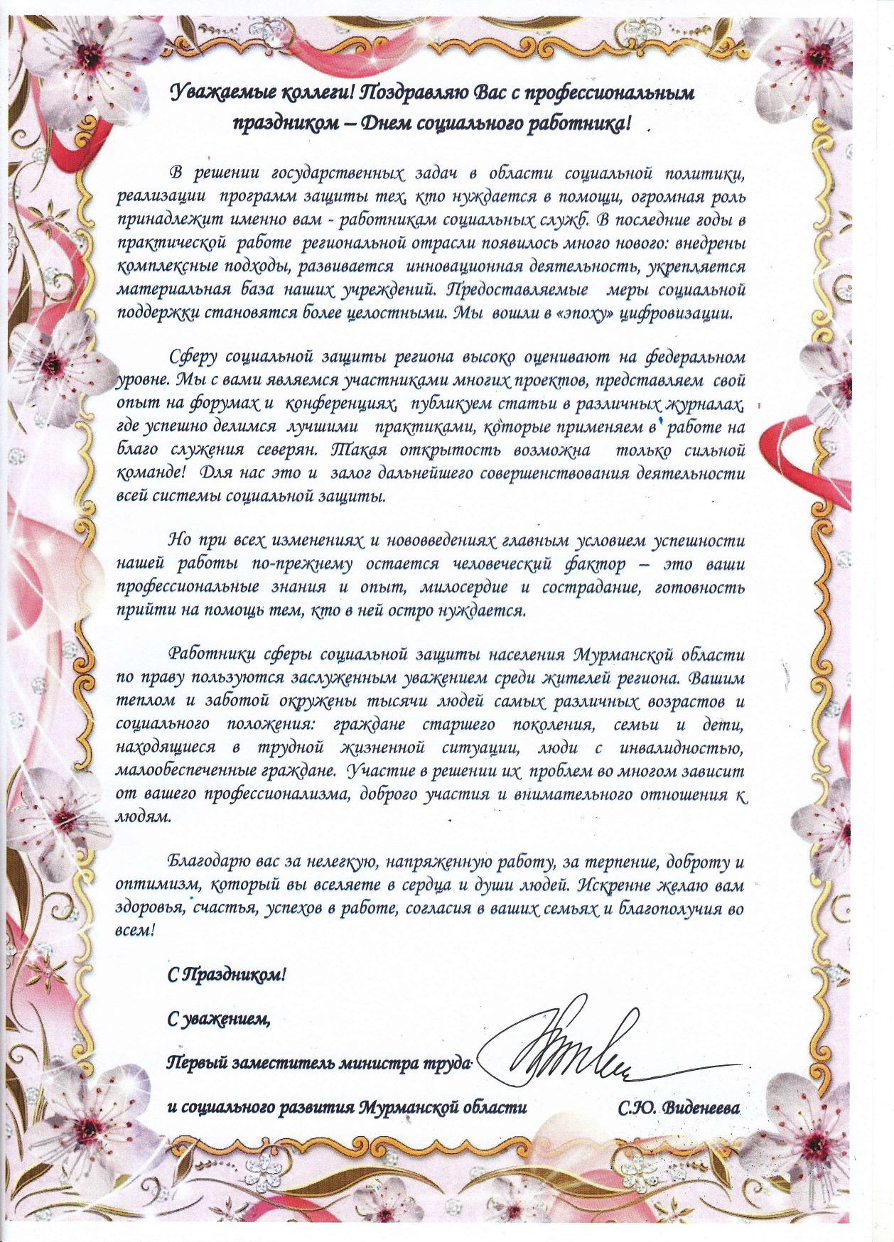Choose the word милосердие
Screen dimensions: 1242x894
[463, 588]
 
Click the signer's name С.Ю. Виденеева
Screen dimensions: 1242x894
[679, 1108]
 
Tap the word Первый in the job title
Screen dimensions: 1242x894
[192, 1064]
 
